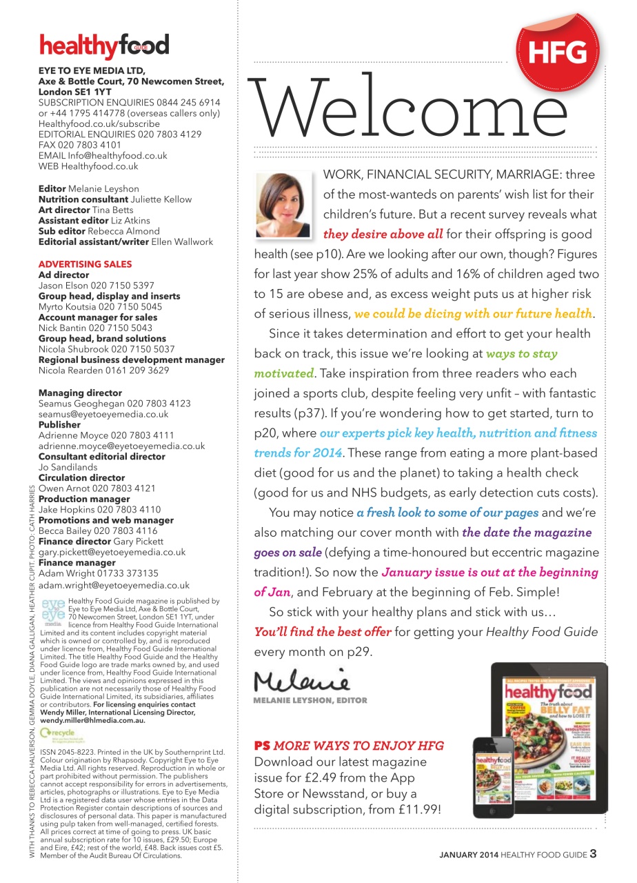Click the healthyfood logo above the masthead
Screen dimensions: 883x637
[104, 46]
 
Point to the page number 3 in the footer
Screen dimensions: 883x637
[593, 854]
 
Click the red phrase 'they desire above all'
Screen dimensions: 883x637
[383, 234]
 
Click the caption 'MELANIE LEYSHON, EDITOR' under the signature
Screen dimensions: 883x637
[311, 701]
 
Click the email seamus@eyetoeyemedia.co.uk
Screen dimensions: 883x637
[103, 414]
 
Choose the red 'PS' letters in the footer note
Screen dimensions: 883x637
[261, 746]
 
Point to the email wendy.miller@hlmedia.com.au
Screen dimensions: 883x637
[100, 720]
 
